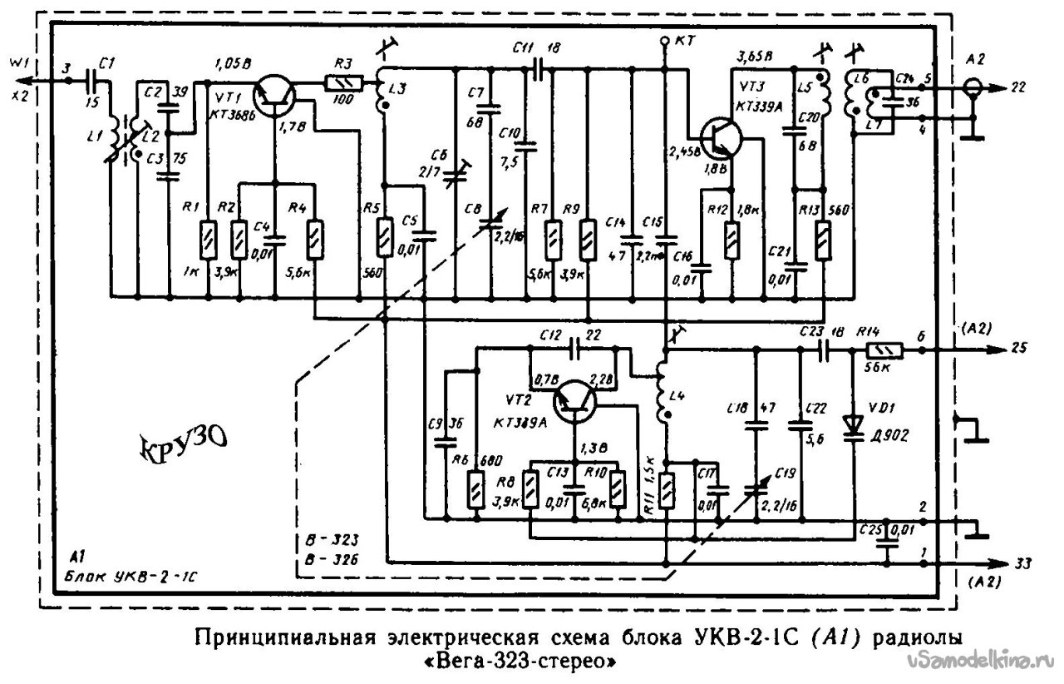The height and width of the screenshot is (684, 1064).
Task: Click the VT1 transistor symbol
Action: tap(273, 93)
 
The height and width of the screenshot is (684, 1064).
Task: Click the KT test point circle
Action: tap(664, 41)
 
